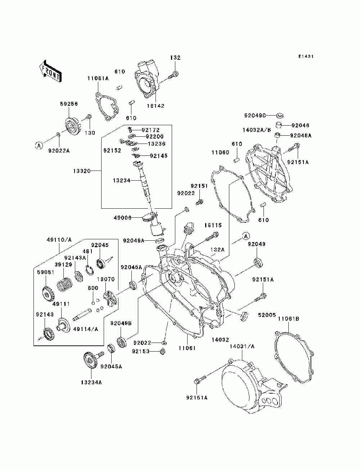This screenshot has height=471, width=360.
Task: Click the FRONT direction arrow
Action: [x=51, y=71]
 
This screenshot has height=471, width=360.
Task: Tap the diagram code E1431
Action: [x=306, y=56]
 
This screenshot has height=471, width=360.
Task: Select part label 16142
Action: [x=156, y=106]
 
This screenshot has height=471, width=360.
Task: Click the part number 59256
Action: [x=69, y=104]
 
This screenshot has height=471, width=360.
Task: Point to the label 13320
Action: [x=82, y=171]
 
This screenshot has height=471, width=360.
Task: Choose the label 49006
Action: [x=122, y=218]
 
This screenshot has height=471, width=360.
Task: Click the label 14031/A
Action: [x=242, y=347]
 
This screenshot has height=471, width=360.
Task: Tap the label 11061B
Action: [x=288, y=319]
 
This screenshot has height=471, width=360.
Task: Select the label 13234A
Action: [x=91, y=382]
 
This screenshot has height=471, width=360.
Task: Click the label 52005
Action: [x=267, y=315]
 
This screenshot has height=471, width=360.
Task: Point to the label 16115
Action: [x=213, y=225]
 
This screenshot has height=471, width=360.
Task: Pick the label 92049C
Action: [x=255, y=116]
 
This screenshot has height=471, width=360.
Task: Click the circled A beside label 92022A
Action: [x=39, y=146]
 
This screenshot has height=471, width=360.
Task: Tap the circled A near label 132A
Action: [x=246, y=236]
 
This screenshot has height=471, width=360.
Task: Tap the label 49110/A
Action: [x=59, y=240]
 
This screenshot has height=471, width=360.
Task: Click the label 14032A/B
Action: [x=257, y=130]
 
